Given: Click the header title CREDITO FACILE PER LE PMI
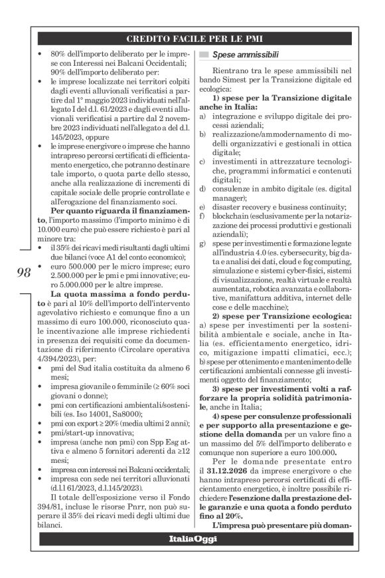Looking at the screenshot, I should pyautogui.click(x=192, y=39).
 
